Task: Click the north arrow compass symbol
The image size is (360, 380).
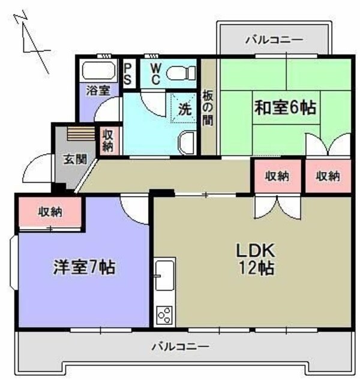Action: click(x=30, y=39)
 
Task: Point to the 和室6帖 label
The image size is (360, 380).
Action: click(x=286, y=108)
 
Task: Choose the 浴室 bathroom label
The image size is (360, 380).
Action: click(x=98, y=91)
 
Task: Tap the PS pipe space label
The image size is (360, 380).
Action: click(x=129, y=74)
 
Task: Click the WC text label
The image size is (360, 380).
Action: click(x=154, y=74)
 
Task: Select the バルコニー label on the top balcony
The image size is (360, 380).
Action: click(x=274, y=40)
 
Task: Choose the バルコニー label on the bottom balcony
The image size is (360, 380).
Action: click(x=180, y=346)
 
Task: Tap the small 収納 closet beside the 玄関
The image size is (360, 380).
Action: click(x=108, y=139)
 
